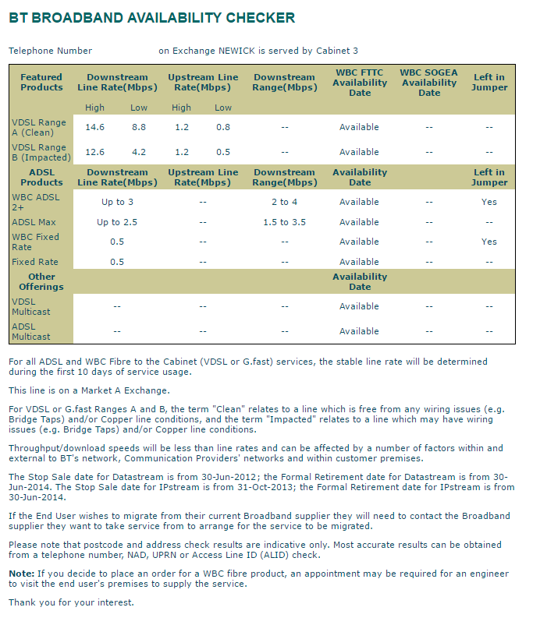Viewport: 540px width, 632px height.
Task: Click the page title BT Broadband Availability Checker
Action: [152, 18]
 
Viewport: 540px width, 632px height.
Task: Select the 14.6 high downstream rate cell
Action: [95, 127]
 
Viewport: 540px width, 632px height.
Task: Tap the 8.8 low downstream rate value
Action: [139, 127]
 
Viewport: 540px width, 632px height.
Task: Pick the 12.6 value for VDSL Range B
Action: [95, 152]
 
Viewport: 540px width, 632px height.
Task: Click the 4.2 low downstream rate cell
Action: [139, 152]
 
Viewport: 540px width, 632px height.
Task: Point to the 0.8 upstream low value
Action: [223, 127]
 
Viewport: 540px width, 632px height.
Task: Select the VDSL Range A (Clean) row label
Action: [39, 127]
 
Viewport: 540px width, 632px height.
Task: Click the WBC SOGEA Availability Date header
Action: [429, 83]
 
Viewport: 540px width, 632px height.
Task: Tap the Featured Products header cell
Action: [41, 83]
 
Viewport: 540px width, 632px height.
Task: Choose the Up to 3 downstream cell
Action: [117, 202]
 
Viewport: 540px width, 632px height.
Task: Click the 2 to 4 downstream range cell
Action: [285, 202]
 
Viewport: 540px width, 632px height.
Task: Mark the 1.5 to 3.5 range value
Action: [285, 222]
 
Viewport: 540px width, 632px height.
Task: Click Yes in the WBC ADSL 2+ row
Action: [489, 202]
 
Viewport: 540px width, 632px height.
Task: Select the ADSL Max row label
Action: [34, 222]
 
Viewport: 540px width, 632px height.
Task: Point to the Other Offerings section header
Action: [41, 281]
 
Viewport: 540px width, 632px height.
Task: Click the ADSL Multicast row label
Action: [31, 331]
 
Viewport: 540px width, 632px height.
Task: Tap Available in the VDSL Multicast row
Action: [359, 306]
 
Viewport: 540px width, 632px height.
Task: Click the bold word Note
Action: [21, 574]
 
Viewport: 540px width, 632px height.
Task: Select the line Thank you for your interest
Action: [71, 602]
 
